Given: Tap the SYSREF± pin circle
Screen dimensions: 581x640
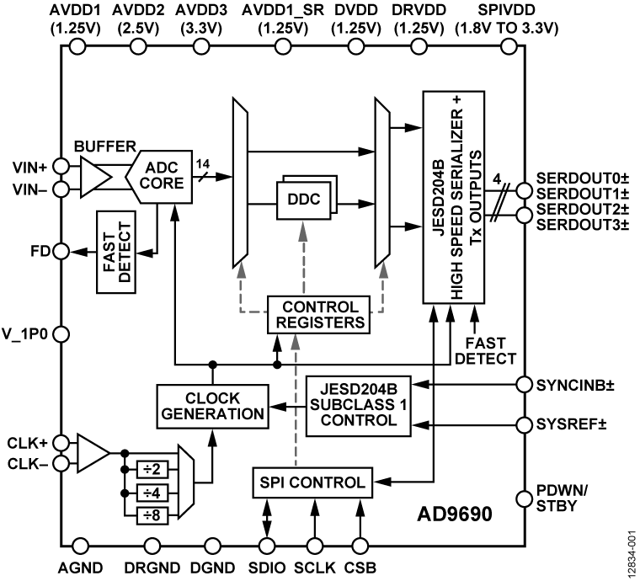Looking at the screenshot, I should (x=525, y=423).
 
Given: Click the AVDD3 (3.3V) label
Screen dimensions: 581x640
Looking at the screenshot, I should (x=201, y=18).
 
